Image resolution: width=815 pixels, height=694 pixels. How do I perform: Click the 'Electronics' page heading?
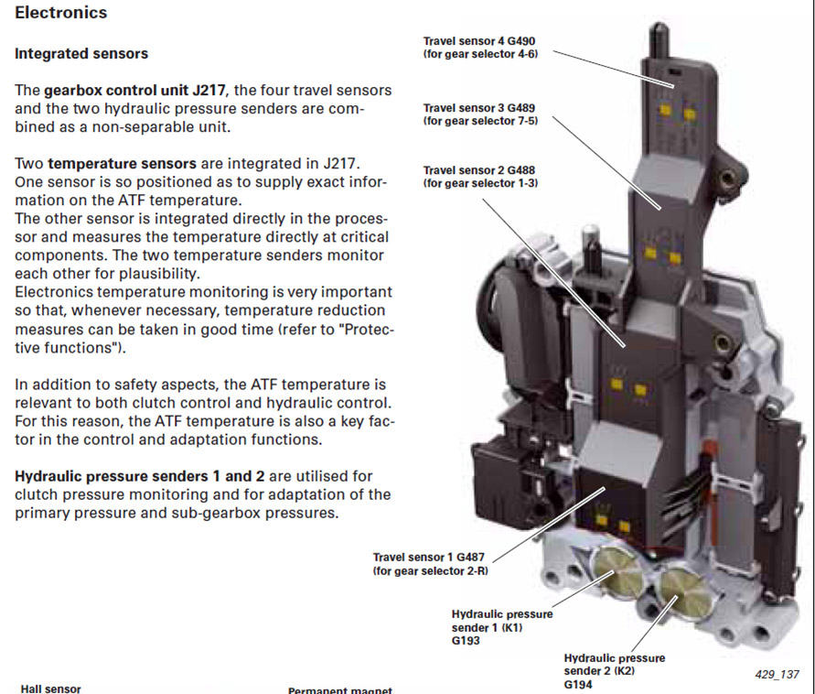pyautogui.click(x=60, y=13)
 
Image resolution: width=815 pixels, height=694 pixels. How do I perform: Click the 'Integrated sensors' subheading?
pyautogui.click(x=81, y=53)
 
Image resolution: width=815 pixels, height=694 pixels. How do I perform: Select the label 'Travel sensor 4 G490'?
pyautogui.click(x=484, y=41)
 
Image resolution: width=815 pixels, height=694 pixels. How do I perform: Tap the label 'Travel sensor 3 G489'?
pyautogui.click(x=485, y=107)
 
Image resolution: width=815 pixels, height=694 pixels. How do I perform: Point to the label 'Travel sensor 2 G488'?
pyautogui.click(x=485, y=170)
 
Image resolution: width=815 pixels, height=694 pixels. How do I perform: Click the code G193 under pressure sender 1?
pyautogui.click(x=466, y=641)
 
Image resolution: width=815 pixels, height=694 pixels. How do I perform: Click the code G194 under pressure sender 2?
pyautogui.click(x=579, y=684)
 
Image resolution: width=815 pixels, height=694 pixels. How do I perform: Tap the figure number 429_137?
pyautogui.click(x=777, y=675)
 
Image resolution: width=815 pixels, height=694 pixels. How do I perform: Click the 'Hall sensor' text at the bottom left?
pyautogui.click(x=50, y=689)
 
